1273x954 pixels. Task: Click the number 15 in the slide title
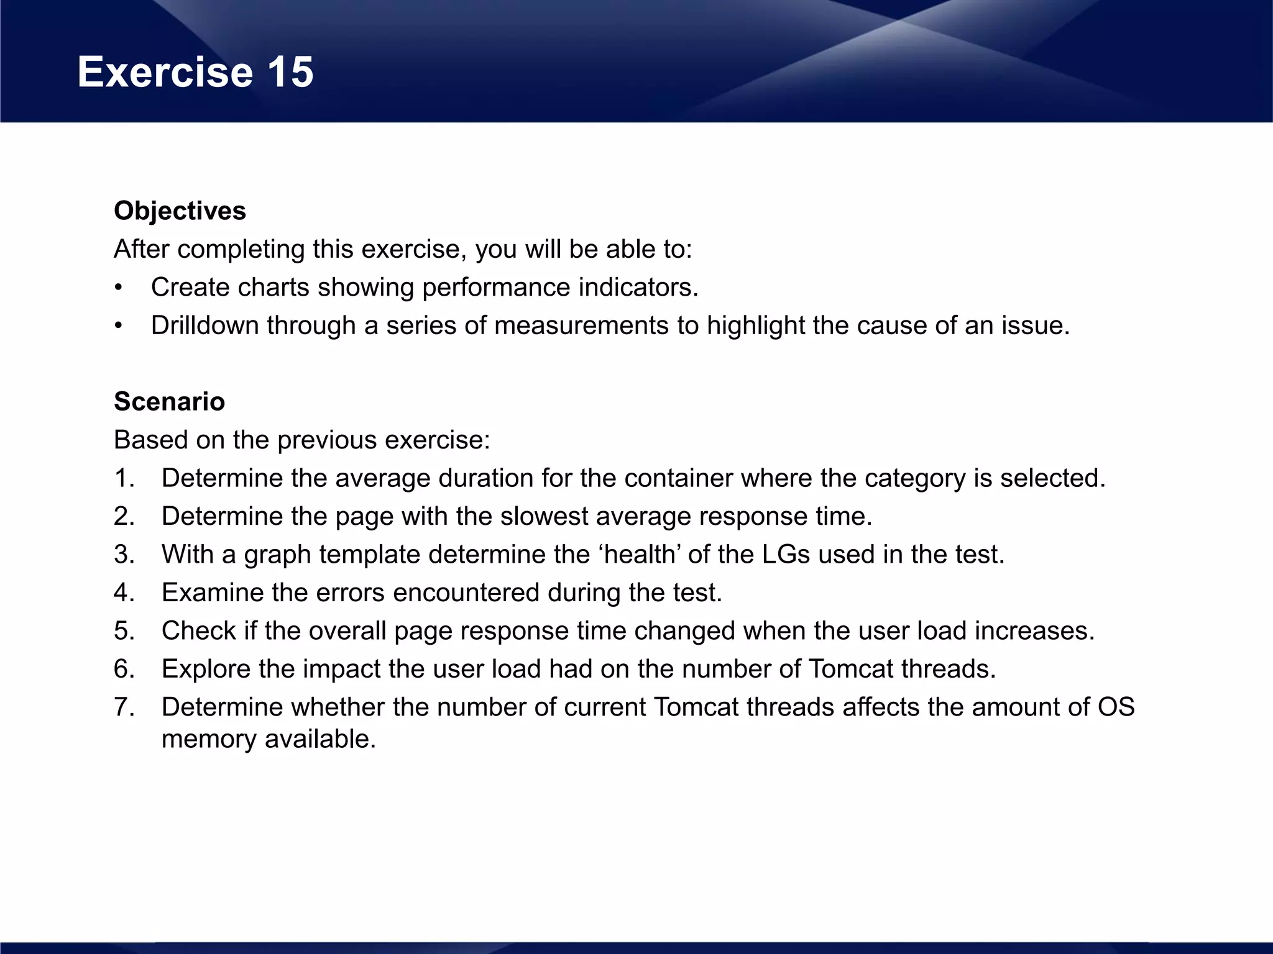(290, 72)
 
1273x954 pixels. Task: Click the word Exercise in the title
(165, 72)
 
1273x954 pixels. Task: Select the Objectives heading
(180, 211)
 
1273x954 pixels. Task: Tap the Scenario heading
(169, 402)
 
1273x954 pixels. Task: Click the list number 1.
(124, 478)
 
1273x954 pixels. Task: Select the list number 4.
(124, 593)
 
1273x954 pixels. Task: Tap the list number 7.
(124, 707)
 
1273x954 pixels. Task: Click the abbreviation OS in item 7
(1116, 707)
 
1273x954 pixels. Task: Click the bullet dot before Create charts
(118, 288)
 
